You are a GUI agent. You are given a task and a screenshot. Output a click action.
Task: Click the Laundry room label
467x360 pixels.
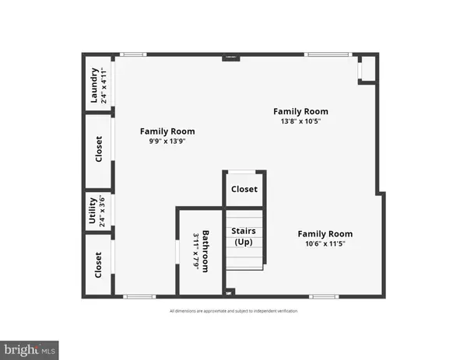94,86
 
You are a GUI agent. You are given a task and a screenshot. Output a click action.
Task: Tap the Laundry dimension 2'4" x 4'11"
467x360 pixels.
104,86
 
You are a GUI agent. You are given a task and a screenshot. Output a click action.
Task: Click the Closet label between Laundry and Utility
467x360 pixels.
98,149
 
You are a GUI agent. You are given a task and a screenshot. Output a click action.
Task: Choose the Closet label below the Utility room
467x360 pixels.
98,266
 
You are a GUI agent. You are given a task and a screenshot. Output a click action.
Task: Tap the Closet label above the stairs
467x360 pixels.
244,189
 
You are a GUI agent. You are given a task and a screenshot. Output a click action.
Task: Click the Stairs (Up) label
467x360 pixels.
244,237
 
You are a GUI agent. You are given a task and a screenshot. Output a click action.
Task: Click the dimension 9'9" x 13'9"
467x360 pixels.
167,142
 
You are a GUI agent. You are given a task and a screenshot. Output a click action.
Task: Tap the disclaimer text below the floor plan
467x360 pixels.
233,311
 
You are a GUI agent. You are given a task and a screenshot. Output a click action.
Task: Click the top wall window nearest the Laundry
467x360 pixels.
133,54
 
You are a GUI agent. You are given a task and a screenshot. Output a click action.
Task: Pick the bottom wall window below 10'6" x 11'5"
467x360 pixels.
322,296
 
